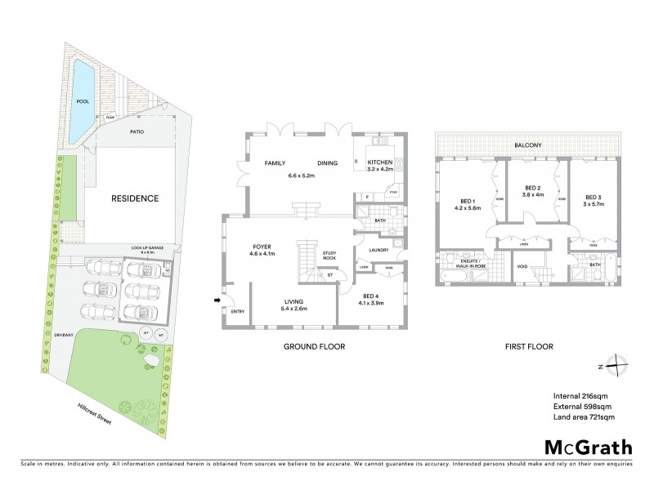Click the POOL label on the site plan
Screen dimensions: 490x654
point(82,102)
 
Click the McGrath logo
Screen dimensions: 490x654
point(588,447)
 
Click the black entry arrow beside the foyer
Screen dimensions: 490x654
point(217,301)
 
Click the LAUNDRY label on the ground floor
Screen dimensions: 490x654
point(377,250)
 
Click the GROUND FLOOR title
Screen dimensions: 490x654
point(314,346)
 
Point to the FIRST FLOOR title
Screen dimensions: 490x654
point(529,346)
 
